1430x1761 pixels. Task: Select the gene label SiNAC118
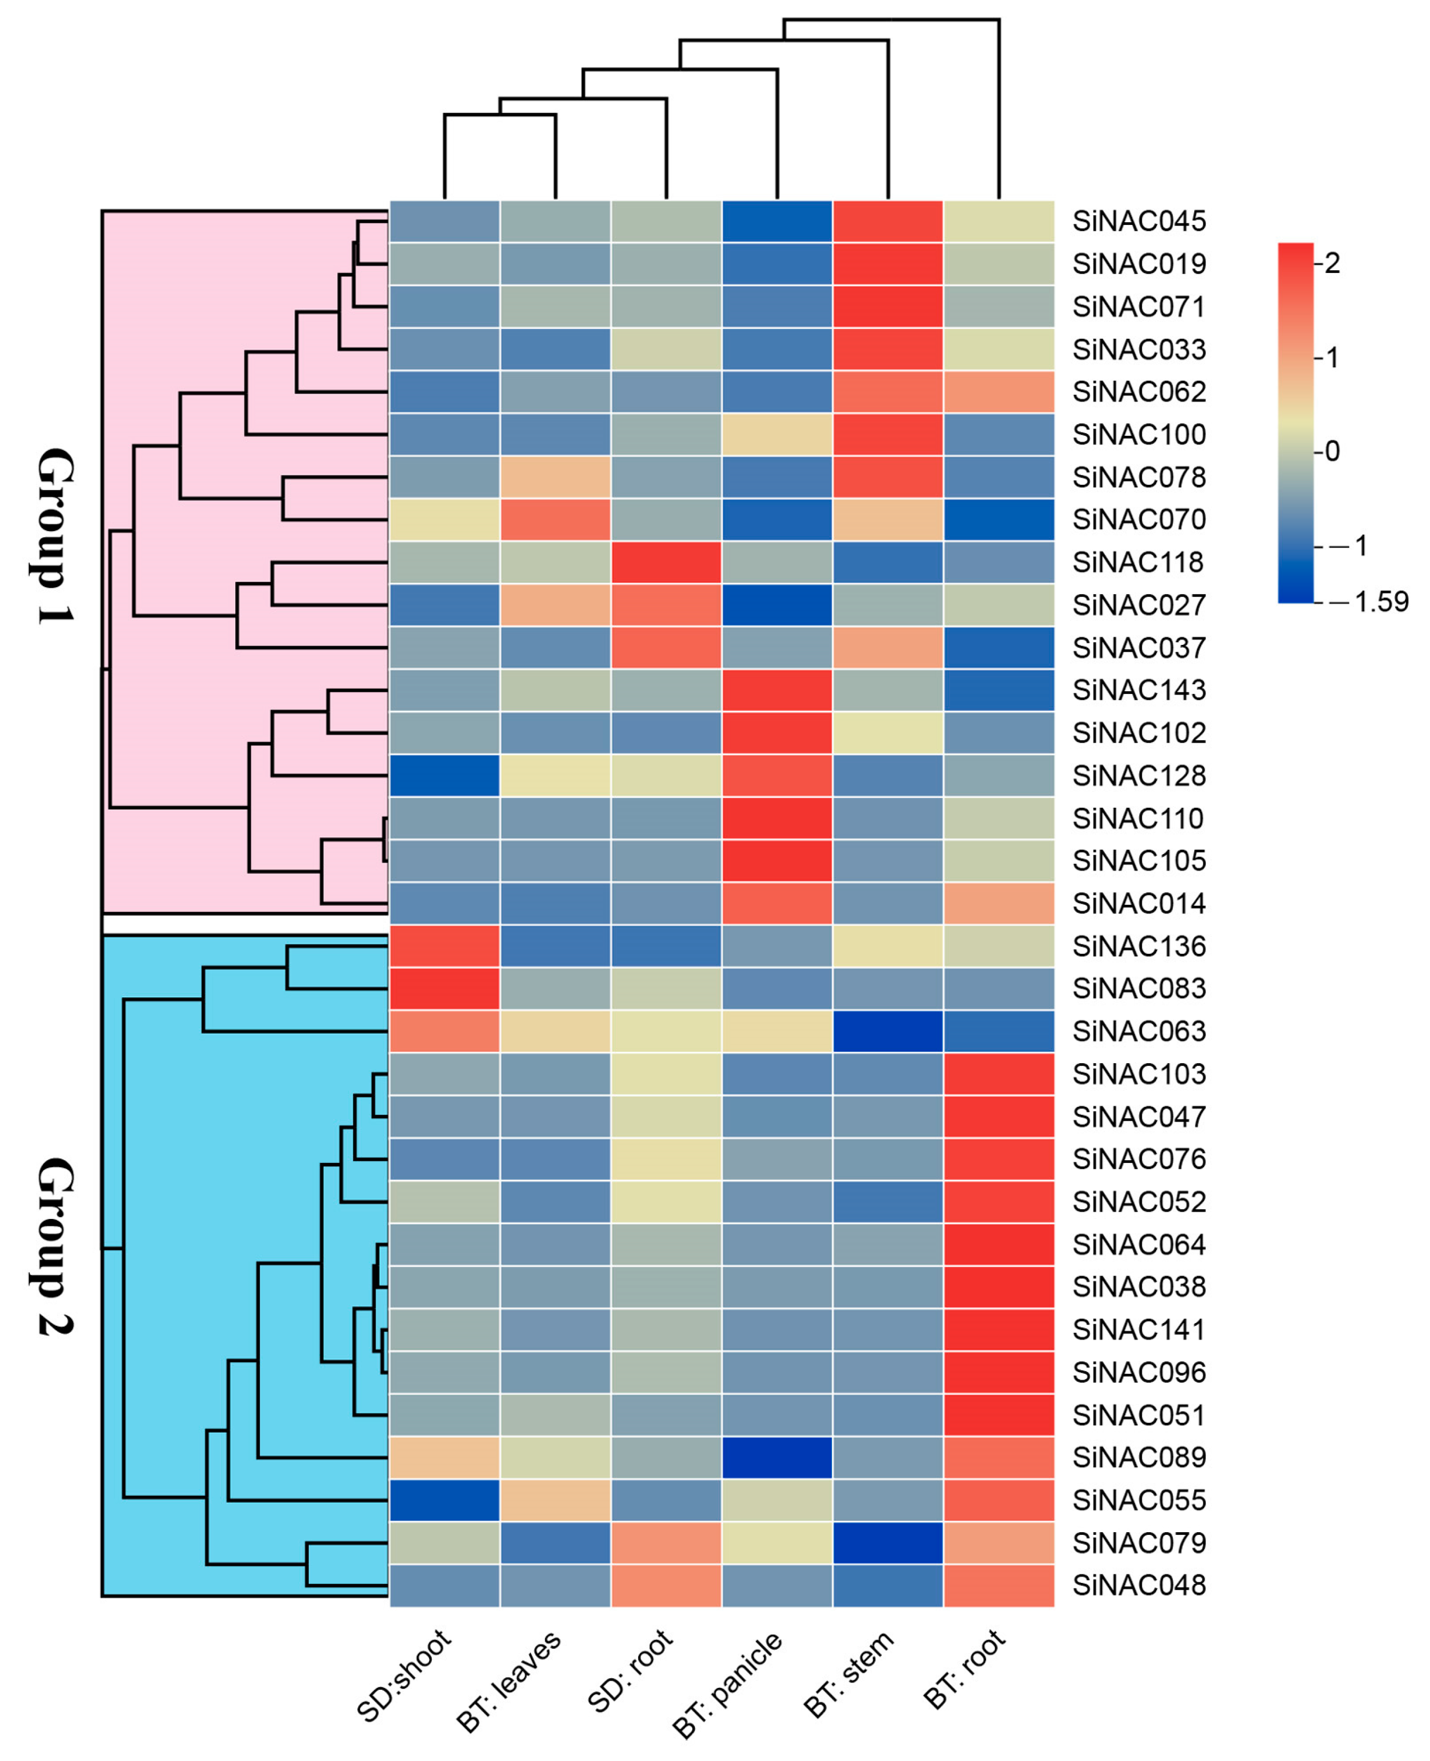click(1139, 562)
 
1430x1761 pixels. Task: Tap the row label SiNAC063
click(1139, 1031)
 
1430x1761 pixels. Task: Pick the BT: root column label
click(964, 1669)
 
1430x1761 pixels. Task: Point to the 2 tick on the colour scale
click(1332, 264)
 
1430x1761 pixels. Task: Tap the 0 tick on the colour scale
click(1332, 451)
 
